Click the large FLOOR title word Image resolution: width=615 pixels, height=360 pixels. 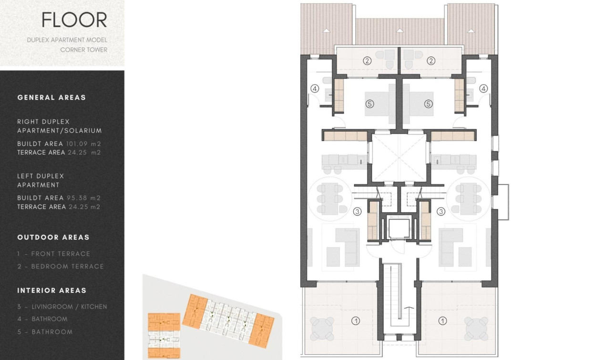74,20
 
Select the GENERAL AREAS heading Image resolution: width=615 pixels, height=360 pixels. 51,98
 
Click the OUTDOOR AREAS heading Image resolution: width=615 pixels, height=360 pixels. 53,237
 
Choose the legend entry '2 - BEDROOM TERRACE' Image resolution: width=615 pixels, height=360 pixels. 61,267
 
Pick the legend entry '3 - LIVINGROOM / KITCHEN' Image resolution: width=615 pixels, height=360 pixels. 62,307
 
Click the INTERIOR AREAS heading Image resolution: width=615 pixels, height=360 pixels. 52,290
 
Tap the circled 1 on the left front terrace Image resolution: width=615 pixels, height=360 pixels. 355,321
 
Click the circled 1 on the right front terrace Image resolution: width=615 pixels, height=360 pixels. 443,321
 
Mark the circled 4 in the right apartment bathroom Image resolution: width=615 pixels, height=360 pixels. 483,88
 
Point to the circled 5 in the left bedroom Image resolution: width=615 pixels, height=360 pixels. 369,103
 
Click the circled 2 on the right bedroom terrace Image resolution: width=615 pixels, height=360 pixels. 431,61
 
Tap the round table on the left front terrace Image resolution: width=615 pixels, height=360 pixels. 322,329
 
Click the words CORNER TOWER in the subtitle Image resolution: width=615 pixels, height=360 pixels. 84,50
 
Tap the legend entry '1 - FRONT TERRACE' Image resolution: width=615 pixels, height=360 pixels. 54,254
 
